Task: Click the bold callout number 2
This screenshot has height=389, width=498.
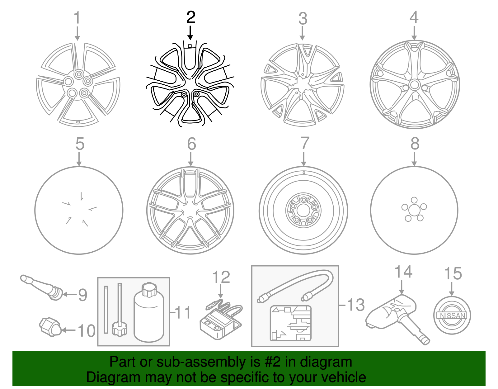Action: point(191,17)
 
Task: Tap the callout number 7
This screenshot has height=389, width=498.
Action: point(305,143)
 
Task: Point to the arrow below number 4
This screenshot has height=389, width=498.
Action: point(414,33)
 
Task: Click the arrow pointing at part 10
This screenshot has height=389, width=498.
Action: point(68,330)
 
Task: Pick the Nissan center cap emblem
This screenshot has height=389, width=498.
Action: point(452,315)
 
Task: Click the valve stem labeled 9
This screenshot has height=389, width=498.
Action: point(41,287)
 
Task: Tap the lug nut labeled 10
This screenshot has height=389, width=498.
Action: point(50,327)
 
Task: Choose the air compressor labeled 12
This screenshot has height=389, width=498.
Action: point(221,321)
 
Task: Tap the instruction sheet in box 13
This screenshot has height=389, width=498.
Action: point(291,323)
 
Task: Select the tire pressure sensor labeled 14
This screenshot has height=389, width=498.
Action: point(397,319)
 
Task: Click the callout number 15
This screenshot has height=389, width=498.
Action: point(453,273)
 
